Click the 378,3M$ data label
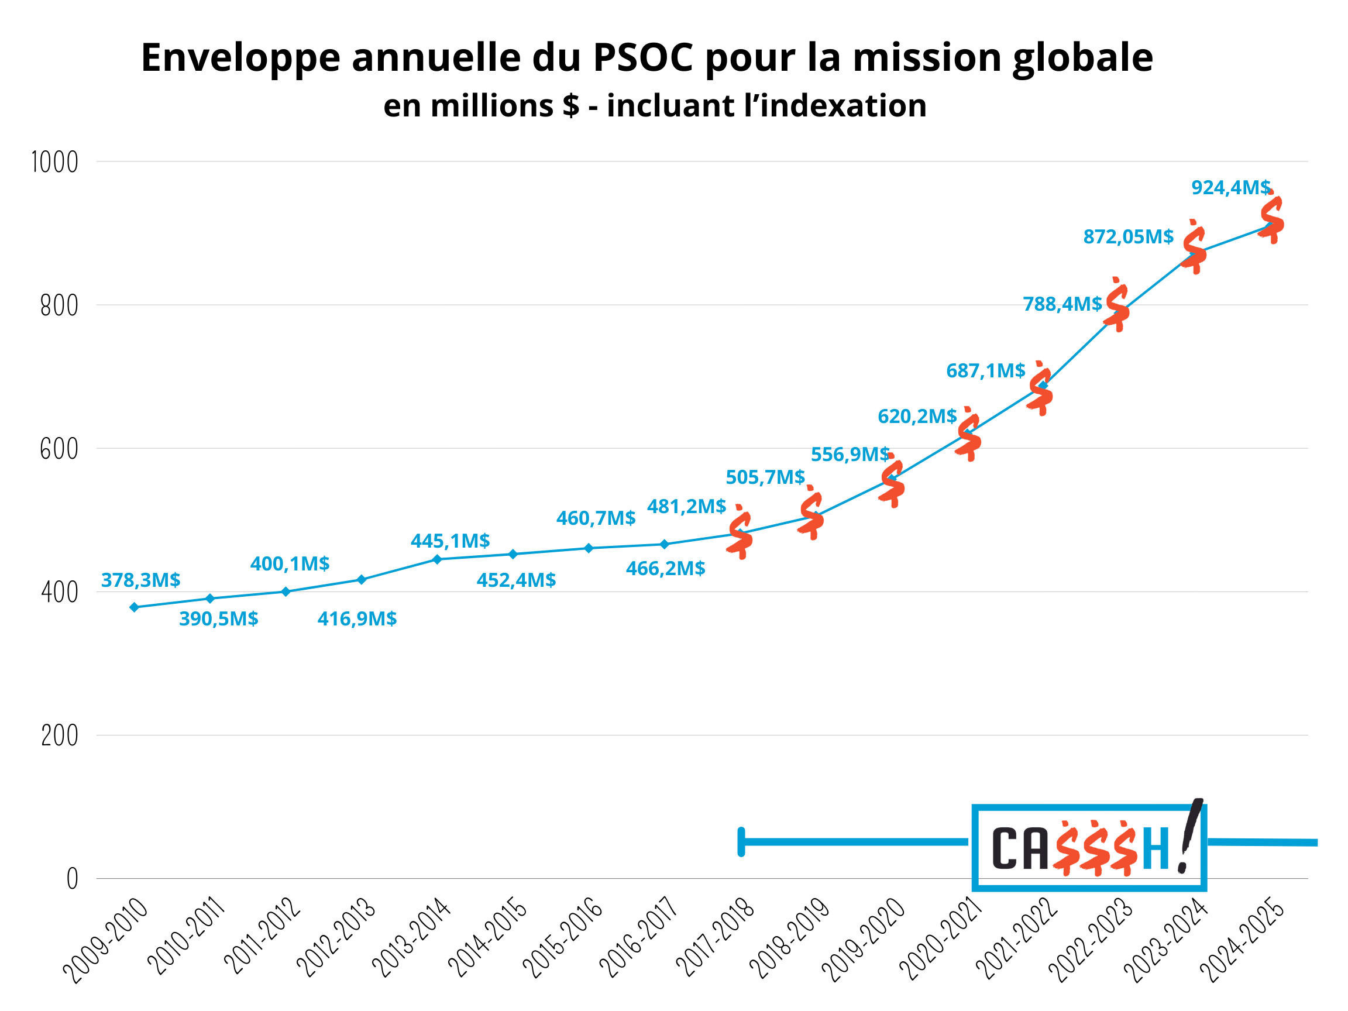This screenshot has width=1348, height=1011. pyautogui.click(x=141, y=580)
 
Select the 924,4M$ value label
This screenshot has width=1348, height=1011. pyautogui.click(x=1231, y=188)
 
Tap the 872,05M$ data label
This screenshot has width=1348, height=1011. pyautogui.click(x=1128, y=236)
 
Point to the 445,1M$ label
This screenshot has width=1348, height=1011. pyautogui.click(x=451, y=541)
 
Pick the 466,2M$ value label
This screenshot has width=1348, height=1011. pyautogui.click(x=665, y=569)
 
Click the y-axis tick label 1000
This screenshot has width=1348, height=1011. pyautogui.click(x=55, y=163)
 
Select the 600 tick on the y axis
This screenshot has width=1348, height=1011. pyautogui.click(x=59, y=450)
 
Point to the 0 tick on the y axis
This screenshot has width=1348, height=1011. pyautogui.click(x=72, y=879)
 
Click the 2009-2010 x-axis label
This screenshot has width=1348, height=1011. pyautogui.click(x=106, y=940)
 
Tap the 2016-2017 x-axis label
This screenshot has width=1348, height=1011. pyautogui.click(x=638, y=937)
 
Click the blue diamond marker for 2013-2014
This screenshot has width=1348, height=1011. pyautogui.click(x=437, y=559)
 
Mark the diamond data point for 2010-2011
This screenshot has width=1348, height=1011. pyautogui.click(x=210, y=599)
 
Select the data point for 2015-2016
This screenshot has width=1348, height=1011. pyautogui.click(x=589, y=548)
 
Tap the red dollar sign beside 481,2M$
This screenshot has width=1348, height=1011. pyautogui.click(x=740, y=532)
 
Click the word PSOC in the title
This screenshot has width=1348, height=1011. pyautogui.click(x=643, y=58)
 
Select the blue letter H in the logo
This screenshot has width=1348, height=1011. pyautogui.click(x=1156, y=848)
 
